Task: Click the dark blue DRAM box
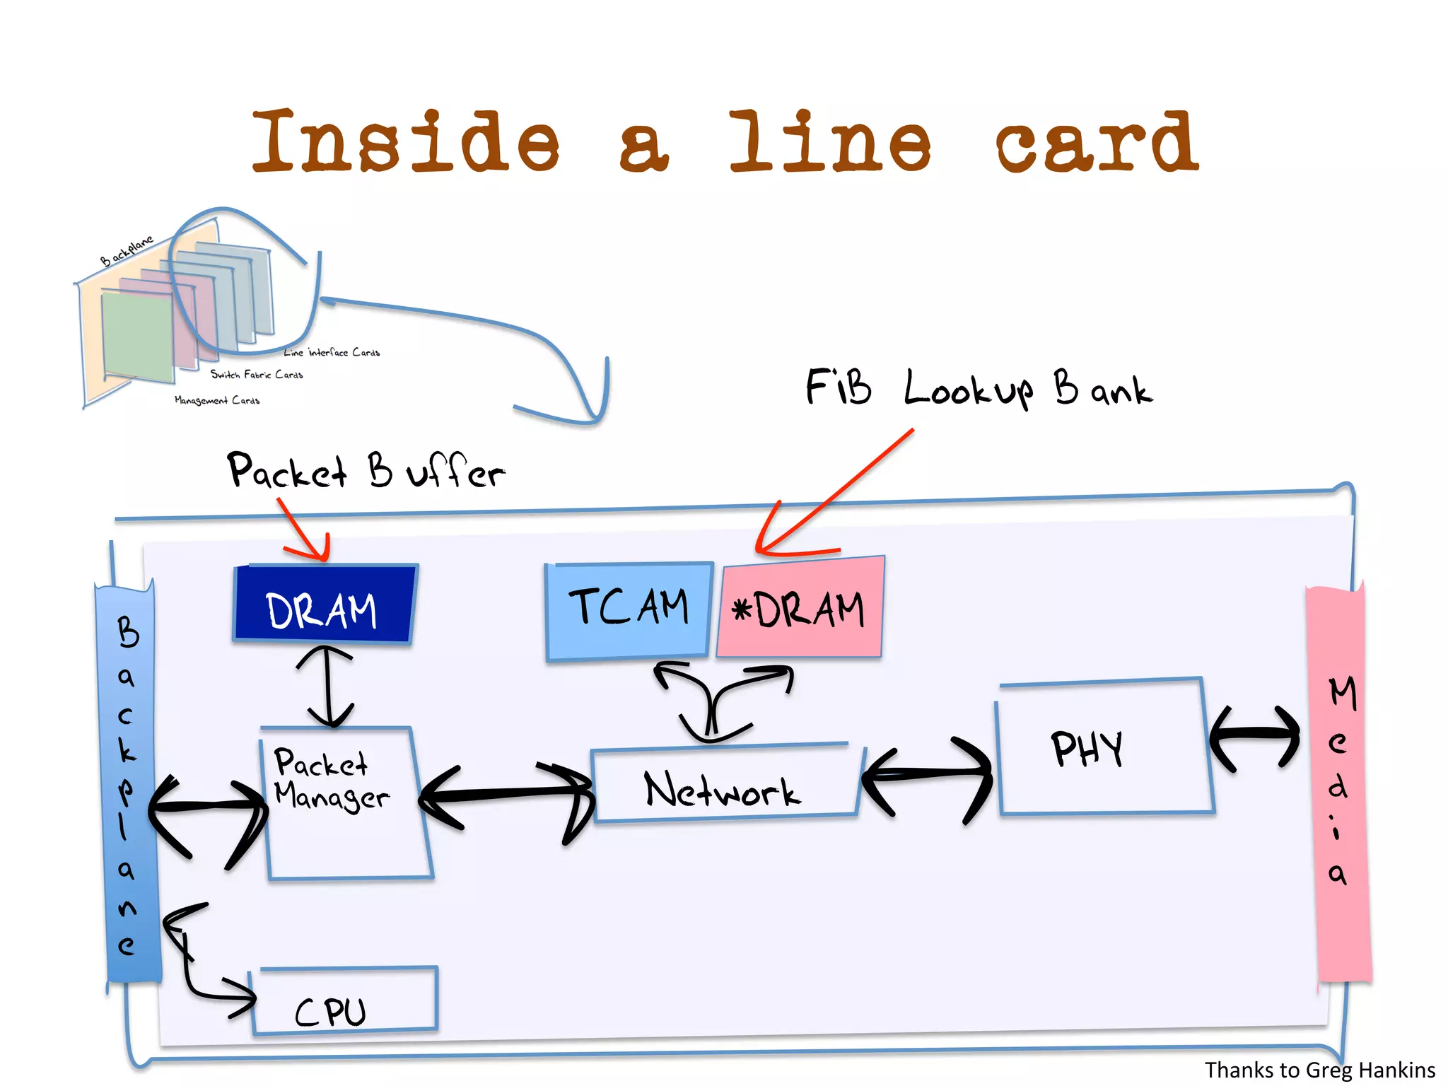tap(324, 605)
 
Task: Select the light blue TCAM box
tap(628, 609)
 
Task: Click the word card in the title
tap(1097, 143)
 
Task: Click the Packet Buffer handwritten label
tap(365, 471)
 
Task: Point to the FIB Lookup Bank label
tap(979, 389)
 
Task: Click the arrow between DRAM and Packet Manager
tap(327, 686)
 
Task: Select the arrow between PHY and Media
tap(1254, 737)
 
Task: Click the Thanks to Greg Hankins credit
tap(1319, 1070)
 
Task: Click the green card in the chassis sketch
tap(137, 337)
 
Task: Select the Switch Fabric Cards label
tap(256, 374)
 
